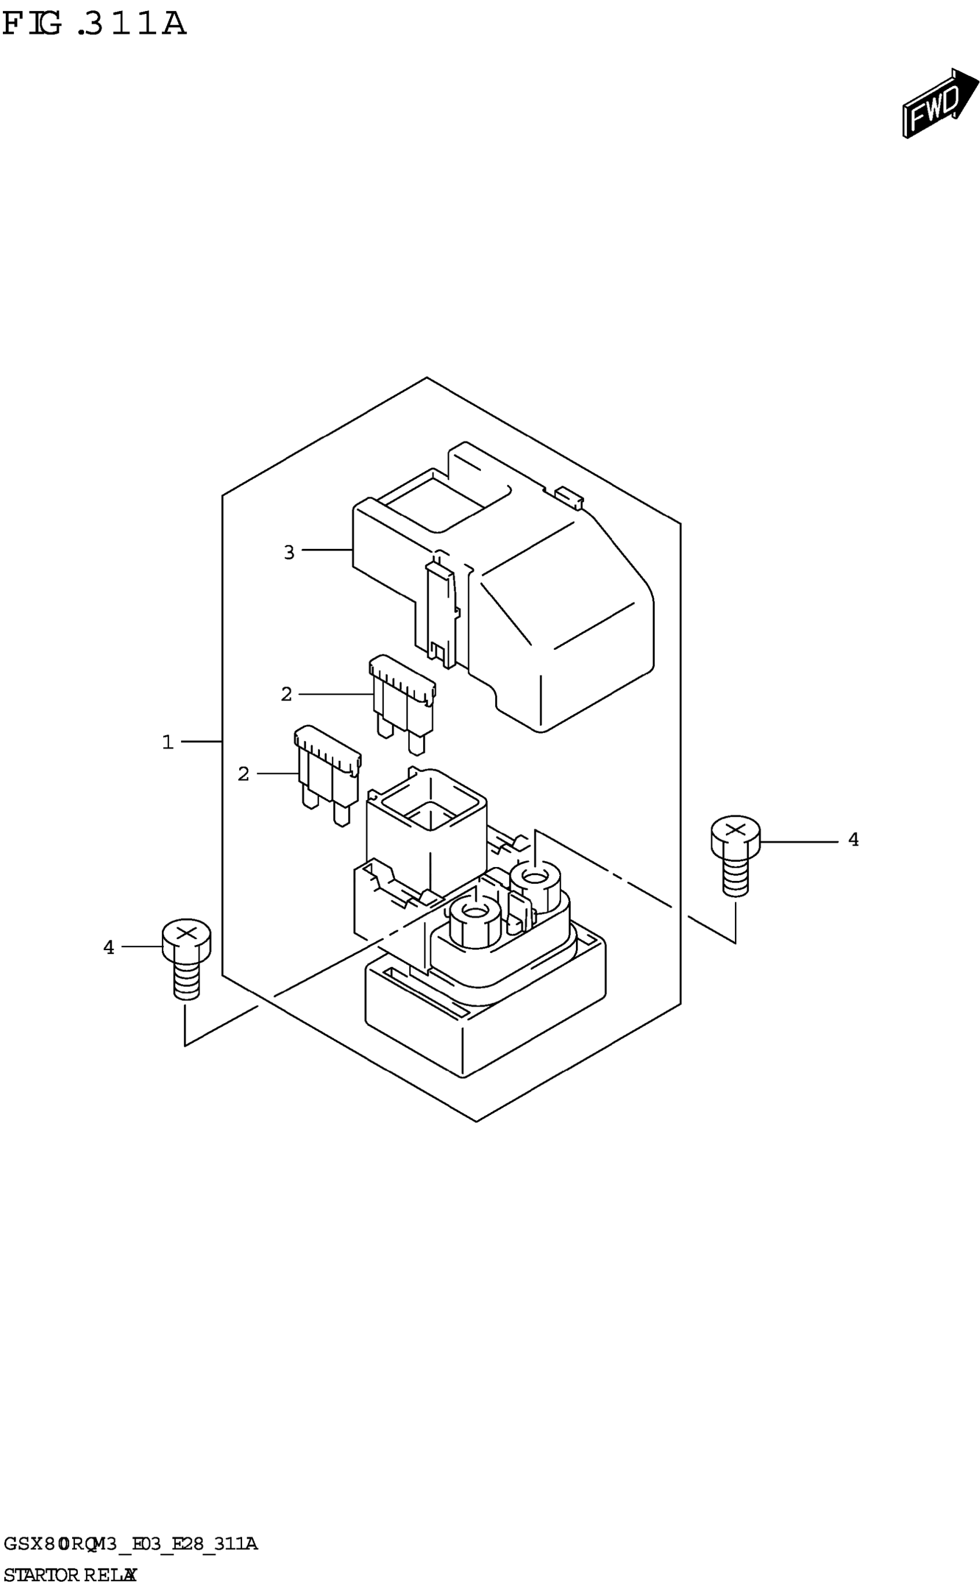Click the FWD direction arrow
pyautogui.click(x=940, y=103)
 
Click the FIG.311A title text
pyautogui.click(x=95, y=24)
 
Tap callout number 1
pyautogui.click(x=168, y=741)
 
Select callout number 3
pyautogui.click(x=289, y=552)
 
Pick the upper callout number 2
pyautogui.click(x=287, y=694)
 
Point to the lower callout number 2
pyautogui.click(x=243, y=773)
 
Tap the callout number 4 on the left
pyautogui.click(x=109, y=947)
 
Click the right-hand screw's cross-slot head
pyautogui.click(x=735, y=830)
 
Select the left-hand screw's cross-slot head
pyautogui.click(x=186, y=934)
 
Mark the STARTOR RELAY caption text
pyautogui.click(x=70, y=1574)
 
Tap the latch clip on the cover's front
pyautogui.click(x=441, y=612)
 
